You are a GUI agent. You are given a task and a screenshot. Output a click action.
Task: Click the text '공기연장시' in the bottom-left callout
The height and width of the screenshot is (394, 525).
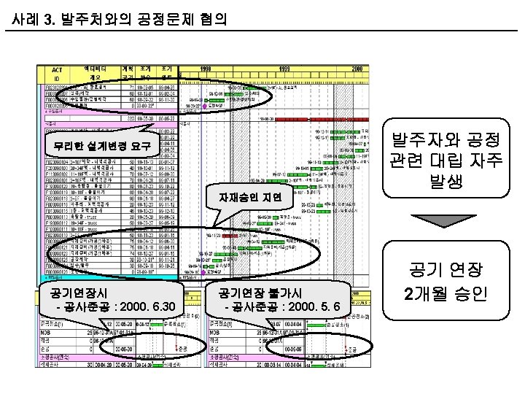(71, 293)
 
